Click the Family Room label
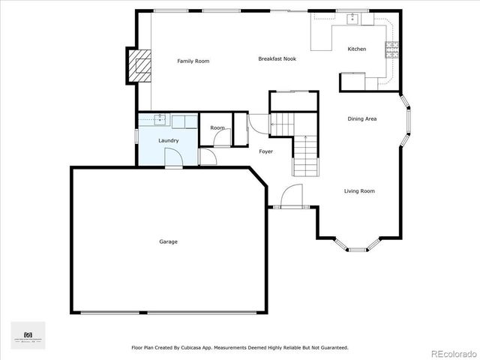click(193, 61)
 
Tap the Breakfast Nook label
click(277, 58)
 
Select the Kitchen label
click(357, 49)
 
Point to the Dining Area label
click(361, 119)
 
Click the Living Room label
click(359, 191)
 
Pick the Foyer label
click(266, 151)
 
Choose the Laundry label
click(168, 140)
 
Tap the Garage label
click(168, 241)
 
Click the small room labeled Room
click(217, 128)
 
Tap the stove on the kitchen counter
click(391, 49)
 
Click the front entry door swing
click(288, 197)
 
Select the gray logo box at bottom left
click(28, 335)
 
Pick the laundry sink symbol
click(160, 118)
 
